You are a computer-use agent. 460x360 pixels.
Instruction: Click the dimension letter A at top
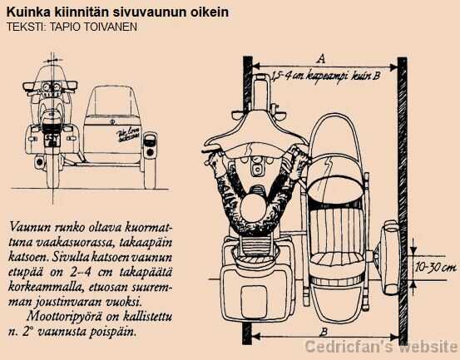tap(320, 57)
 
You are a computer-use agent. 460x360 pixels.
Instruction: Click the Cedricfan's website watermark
tap(381, 347)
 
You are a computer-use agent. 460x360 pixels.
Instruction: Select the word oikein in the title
tap(208, 12)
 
